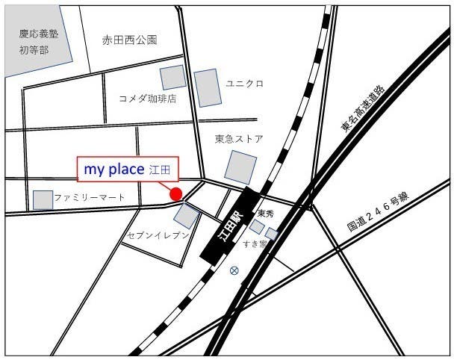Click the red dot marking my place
(x=176, y=194)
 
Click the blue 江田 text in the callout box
(x=161, y=171)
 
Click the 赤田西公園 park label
(x=130, y=41)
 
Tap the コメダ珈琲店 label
(x=148, y=98)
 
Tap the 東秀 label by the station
(x=266, y=214)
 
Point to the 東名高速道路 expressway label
(x=362, y=108)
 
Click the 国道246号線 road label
(x=379, y=211)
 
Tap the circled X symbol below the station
(x=234, y=270)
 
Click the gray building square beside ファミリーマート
(x=43, y=199)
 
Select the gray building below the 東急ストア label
(x=241, y=167)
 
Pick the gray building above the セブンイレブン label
(x=186, y=216)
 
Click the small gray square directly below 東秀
(x=257, y=226)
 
